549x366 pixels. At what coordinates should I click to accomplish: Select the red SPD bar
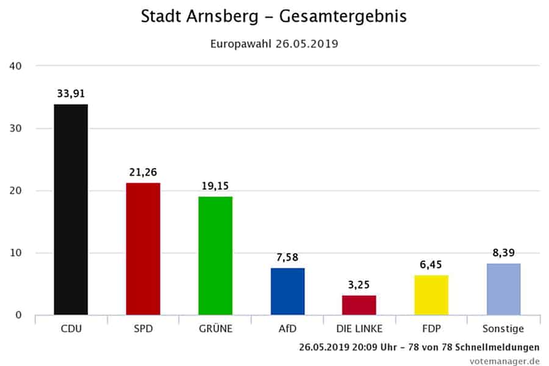(143, 249)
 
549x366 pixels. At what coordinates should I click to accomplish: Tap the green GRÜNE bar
(215, 256)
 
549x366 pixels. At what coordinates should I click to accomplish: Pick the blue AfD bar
(287, 292)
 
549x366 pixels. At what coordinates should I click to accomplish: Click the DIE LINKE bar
(359, 305)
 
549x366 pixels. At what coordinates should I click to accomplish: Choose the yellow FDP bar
(431, 295)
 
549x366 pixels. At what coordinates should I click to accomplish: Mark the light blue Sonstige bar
(503, 289)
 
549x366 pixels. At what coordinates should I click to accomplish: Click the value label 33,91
(71, 94)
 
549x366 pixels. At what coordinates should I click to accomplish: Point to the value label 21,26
(143, 173)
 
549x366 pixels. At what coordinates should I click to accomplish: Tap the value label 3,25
(359, 285)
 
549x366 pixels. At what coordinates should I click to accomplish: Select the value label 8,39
(503, 253)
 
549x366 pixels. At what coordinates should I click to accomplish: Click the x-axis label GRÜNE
(215, 329)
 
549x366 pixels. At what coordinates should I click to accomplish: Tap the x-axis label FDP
(431, 329)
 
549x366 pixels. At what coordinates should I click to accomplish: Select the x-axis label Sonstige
(503, 329)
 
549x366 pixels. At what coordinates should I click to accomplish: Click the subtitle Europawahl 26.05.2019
(274, 44)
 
